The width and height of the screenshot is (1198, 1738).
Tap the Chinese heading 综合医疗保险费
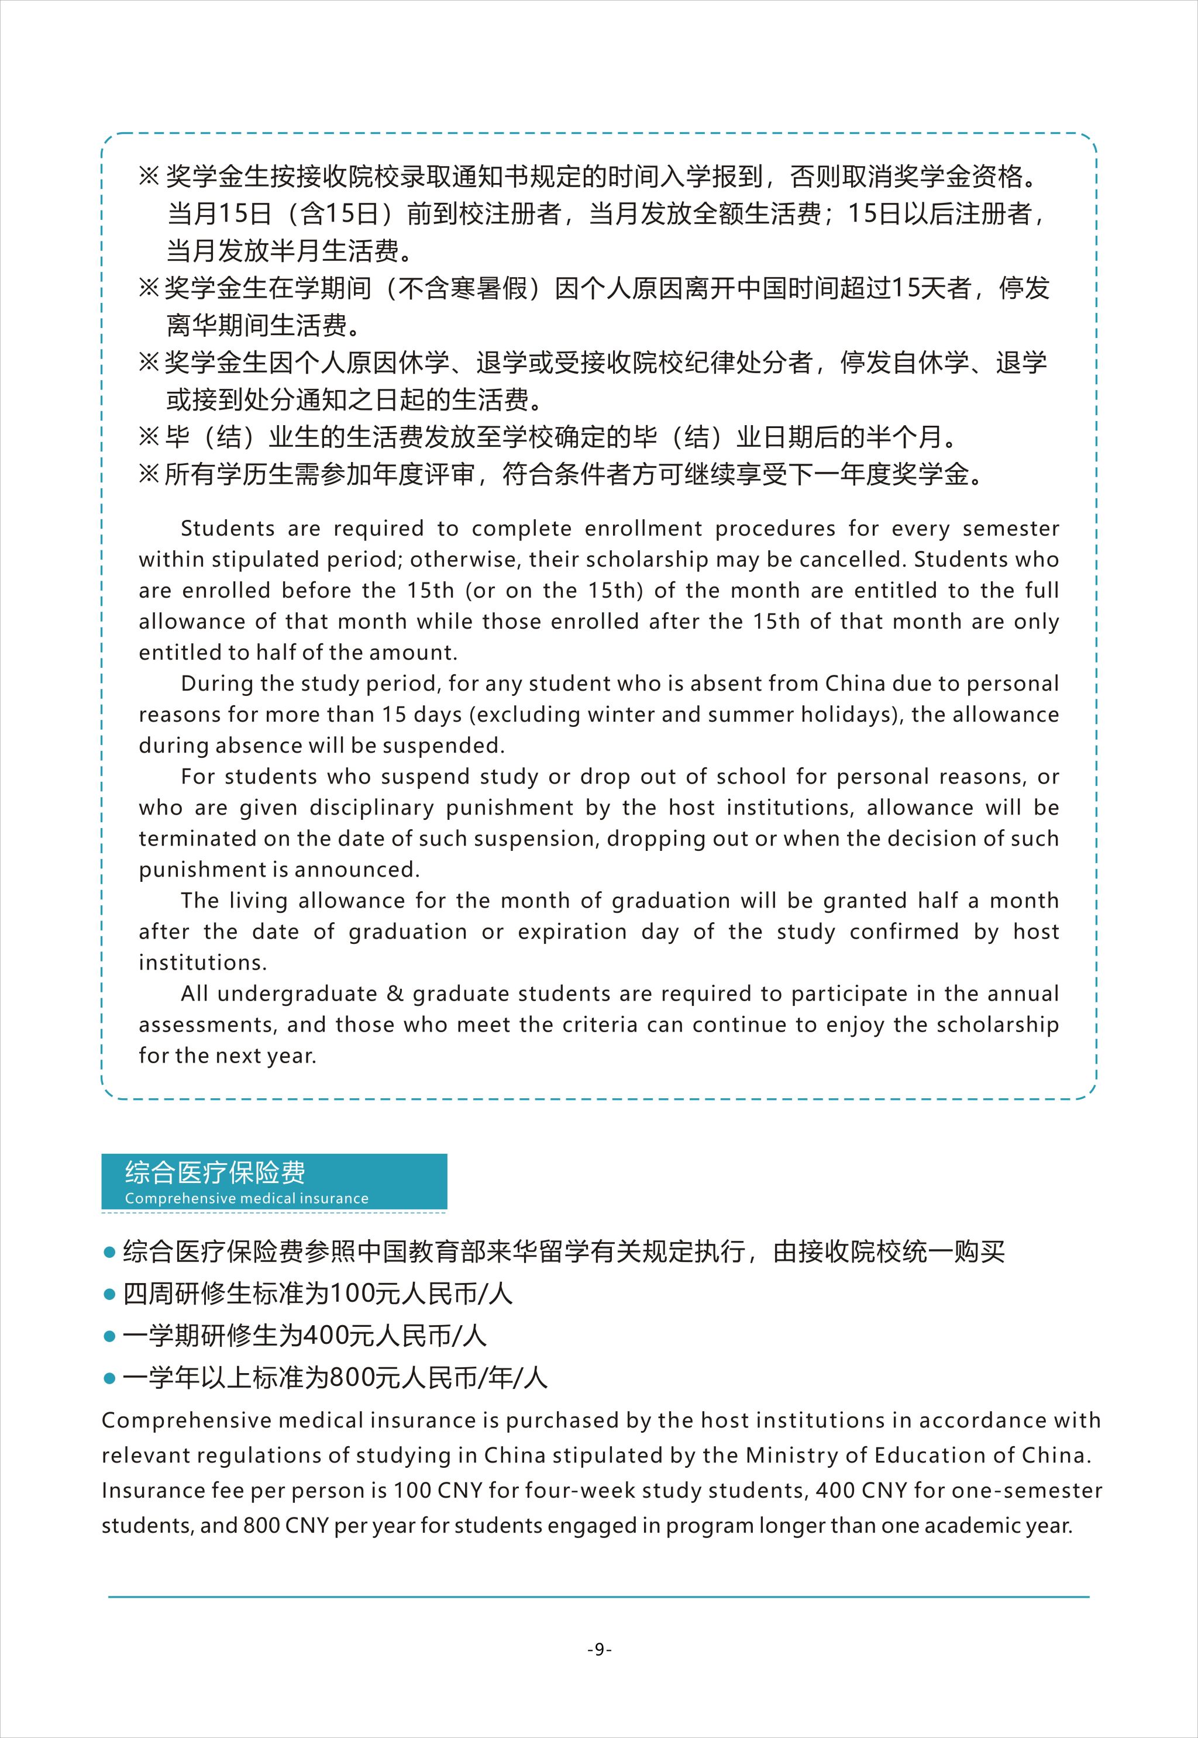[x=215, y=1172]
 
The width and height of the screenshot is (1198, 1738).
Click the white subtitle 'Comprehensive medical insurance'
[x=246, y=1198]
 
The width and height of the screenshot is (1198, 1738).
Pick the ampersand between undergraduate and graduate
[x=395, y=994]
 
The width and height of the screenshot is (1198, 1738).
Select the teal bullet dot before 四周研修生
[x=109, y=1295]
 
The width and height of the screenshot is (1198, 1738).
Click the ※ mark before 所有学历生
[x=149, y=474]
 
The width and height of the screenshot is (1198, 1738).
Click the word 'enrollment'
[x=643, y=528]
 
